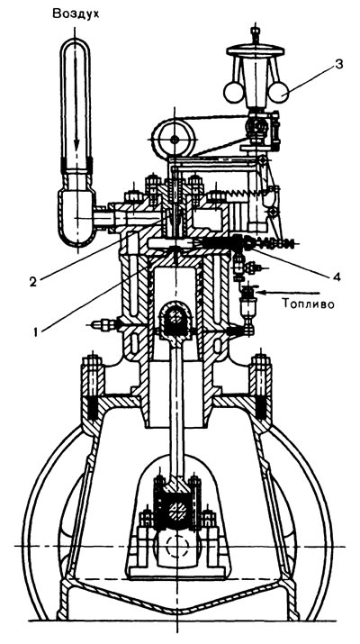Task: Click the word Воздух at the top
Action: click(76, 14)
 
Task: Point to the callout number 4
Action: click(337, 277)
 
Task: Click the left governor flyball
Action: click(234, 92)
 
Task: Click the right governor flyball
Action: click(278, 91)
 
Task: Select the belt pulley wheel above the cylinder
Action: click(173, 140)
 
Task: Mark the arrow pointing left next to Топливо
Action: click(290, 293)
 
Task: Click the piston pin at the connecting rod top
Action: click(175, 316)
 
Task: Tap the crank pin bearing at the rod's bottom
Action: click(177, 509)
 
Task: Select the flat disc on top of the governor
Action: click(256, 50)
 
